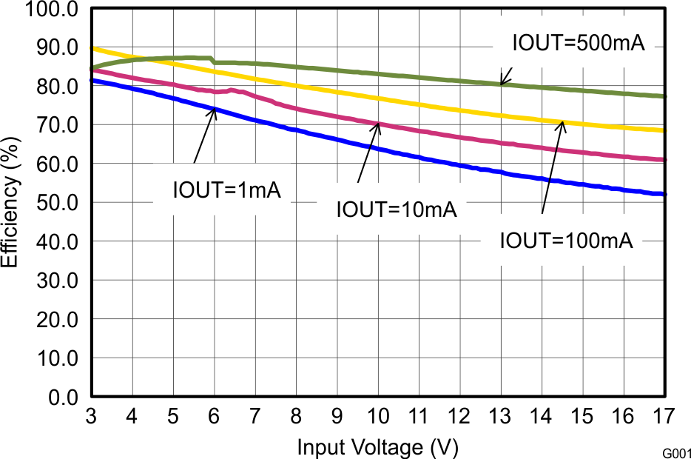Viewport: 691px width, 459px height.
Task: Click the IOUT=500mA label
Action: click(x=579, y=43)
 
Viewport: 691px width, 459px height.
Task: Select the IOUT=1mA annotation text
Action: click(x=226, y=190)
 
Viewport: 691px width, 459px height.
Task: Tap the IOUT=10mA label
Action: click(x=397, y=210)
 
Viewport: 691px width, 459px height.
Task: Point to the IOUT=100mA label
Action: click(x=567, y=241)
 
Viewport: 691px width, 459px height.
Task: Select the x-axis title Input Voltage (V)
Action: click(x=377, y=447)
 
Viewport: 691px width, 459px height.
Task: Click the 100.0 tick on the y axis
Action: click(x=52, y=9)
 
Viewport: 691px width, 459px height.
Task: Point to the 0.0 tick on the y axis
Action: click(x=62, y=398)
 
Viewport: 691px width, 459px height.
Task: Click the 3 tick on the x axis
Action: click(x=92, y=415)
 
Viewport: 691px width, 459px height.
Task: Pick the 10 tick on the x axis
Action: click(x=377, y=415)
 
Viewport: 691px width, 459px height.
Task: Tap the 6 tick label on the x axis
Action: click(x=215, y=415)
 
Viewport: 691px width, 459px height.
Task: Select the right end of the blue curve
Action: click(x=665, y=194)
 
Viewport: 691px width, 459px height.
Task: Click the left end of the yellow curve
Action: click(x=92, y=48)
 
